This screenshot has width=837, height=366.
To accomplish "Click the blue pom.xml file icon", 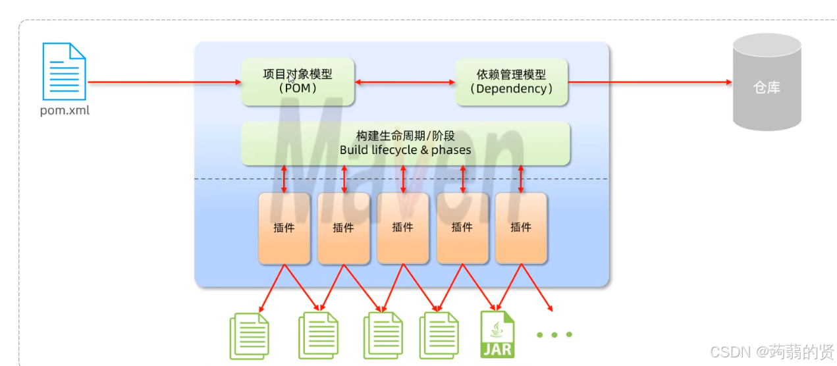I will (65, 71).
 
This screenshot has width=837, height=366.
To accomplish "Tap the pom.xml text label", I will (65, 111).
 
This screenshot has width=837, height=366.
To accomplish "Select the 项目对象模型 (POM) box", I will (298, 82).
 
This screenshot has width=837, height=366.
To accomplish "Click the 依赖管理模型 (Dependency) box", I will (512, 82).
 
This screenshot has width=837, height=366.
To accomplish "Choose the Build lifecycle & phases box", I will (405, 143).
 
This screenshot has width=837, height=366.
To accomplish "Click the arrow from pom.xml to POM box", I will (165, 82).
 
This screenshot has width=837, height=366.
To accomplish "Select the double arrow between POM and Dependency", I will (405, 82).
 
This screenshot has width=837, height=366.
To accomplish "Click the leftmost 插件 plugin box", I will (284, 228).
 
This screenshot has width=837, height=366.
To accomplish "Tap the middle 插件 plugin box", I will (402, 228).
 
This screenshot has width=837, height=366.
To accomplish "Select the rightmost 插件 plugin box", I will (521, 228).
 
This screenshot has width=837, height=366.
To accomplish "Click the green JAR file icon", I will (498, 335).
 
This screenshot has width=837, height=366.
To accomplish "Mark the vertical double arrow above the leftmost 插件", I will (284, 178).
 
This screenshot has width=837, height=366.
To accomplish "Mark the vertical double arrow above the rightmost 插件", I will (521, 178).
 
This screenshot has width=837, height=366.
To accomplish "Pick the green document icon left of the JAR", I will (439, 336).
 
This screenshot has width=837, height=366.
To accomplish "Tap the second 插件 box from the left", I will (343, 228).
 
